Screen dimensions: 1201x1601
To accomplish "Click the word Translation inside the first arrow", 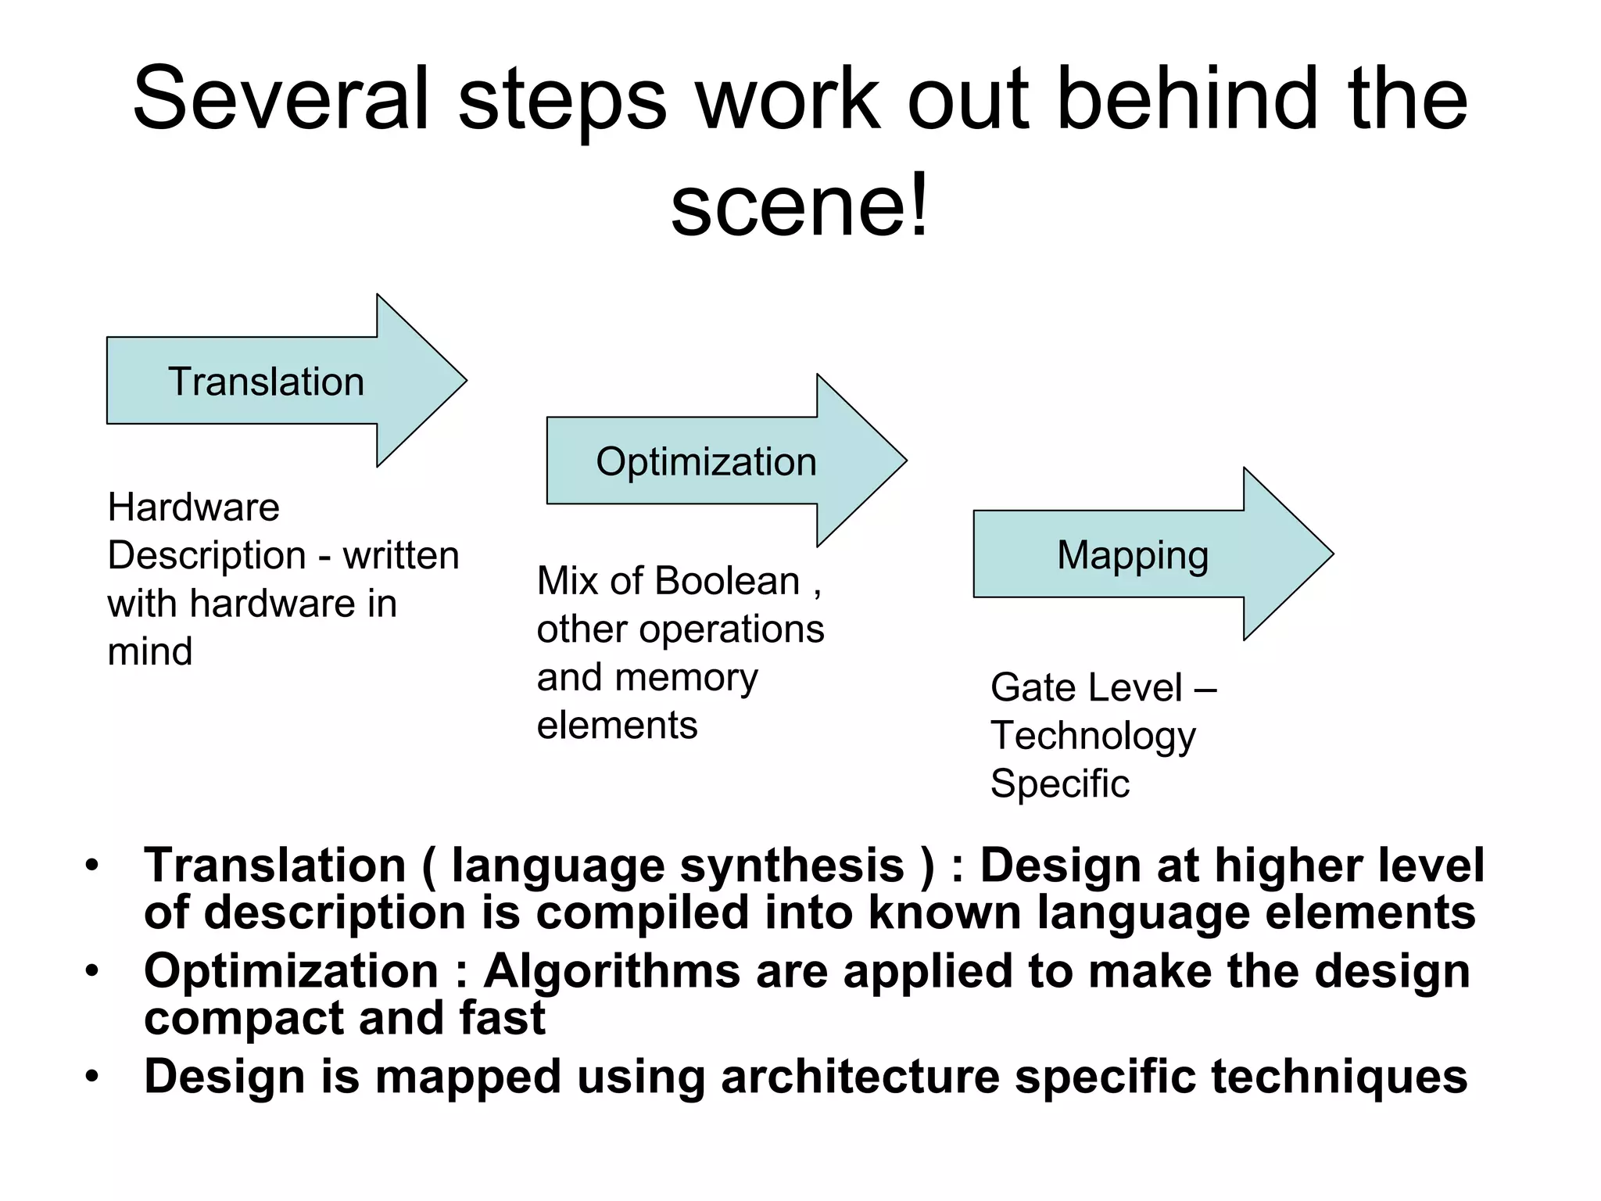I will (x=266, y=382).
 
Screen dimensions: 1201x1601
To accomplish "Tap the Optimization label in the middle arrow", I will (x=706, y=462).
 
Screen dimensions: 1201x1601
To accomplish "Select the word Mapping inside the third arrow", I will (x=1133, y=555).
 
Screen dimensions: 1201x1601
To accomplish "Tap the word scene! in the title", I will (x=800, y=205).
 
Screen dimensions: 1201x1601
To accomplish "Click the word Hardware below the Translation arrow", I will (x=193, y=507).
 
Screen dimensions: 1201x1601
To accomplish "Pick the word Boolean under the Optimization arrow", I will (x=727, y=582).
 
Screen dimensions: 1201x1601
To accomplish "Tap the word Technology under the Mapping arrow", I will (x=1093, y=736).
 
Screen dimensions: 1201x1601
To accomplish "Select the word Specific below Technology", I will (x=1059, y=783).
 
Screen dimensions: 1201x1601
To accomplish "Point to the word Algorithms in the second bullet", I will (x=611, y=973).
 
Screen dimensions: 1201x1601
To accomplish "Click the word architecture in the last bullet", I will (x=860, y=1077).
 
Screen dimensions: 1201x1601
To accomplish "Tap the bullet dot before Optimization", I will (x=92, y=971).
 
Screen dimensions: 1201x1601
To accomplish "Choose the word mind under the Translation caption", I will (x=149, y=652).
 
